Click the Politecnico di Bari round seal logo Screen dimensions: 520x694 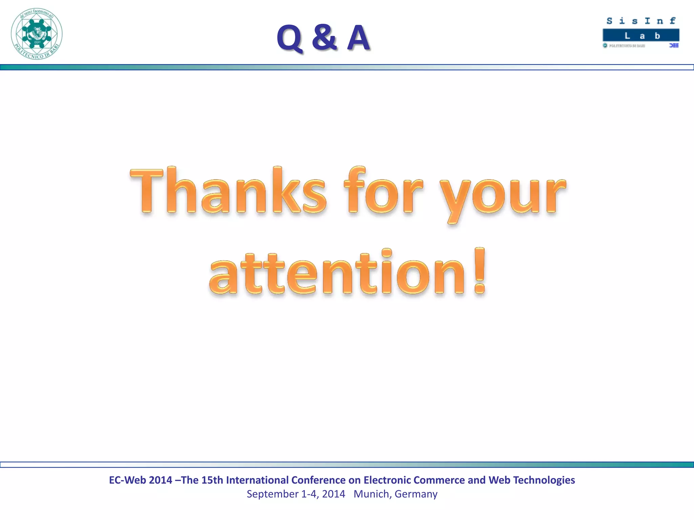tap(37, 34)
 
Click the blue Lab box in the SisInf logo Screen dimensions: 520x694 tap(641, 36)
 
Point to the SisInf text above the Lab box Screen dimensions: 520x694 tap(641, 21)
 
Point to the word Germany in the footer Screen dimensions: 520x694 tap(416, 494)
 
